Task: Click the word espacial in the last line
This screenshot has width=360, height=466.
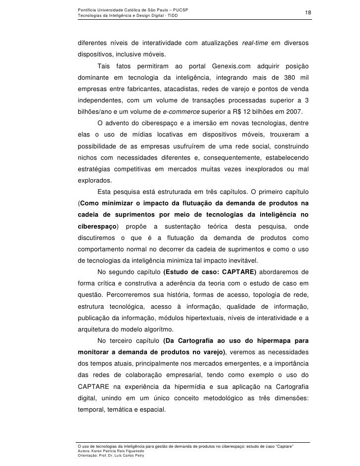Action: tap(150, 410)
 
